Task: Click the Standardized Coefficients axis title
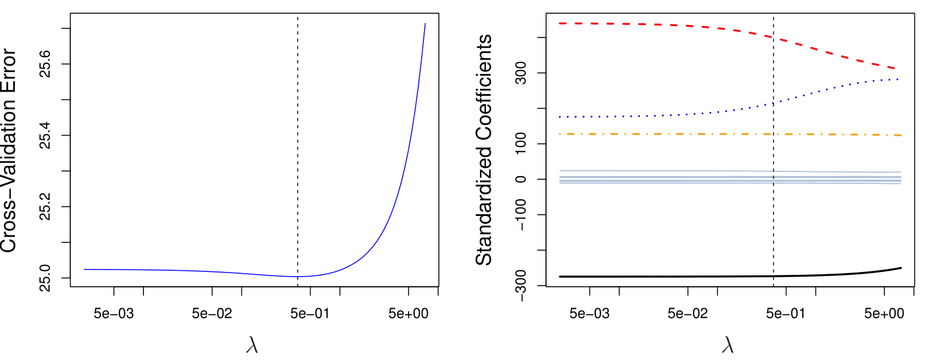coord(485,149)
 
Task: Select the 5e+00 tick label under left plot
coord(408,312)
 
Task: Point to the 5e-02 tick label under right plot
coord(688,312)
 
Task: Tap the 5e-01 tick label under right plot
coord(786,312)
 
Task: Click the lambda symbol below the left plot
coord(252,346)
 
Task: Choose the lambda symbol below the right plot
coord(728,346)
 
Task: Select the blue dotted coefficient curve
coord(654,114)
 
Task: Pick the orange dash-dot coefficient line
coord(654,134)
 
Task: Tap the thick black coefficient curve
coord(654,276)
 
